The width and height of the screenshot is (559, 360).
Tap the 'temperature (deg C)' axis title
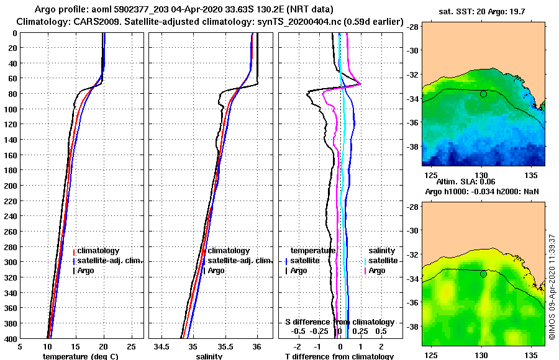click(80, 356)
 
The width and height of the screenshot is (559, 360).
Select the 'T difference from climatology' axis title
click(339, 356)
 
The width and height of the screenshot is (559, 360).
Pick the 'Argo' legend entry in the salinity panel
click(216, 271)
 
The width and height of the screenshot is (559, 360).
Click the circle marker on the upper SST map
click(483, 94)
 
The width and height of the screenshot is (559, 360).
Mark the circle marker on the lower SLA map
click(483, 274)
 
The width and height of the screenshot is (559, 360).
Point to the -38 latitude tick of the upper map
click(412, 147)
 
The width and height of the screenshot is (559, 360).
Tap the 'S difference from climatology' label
click(339, 322)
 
